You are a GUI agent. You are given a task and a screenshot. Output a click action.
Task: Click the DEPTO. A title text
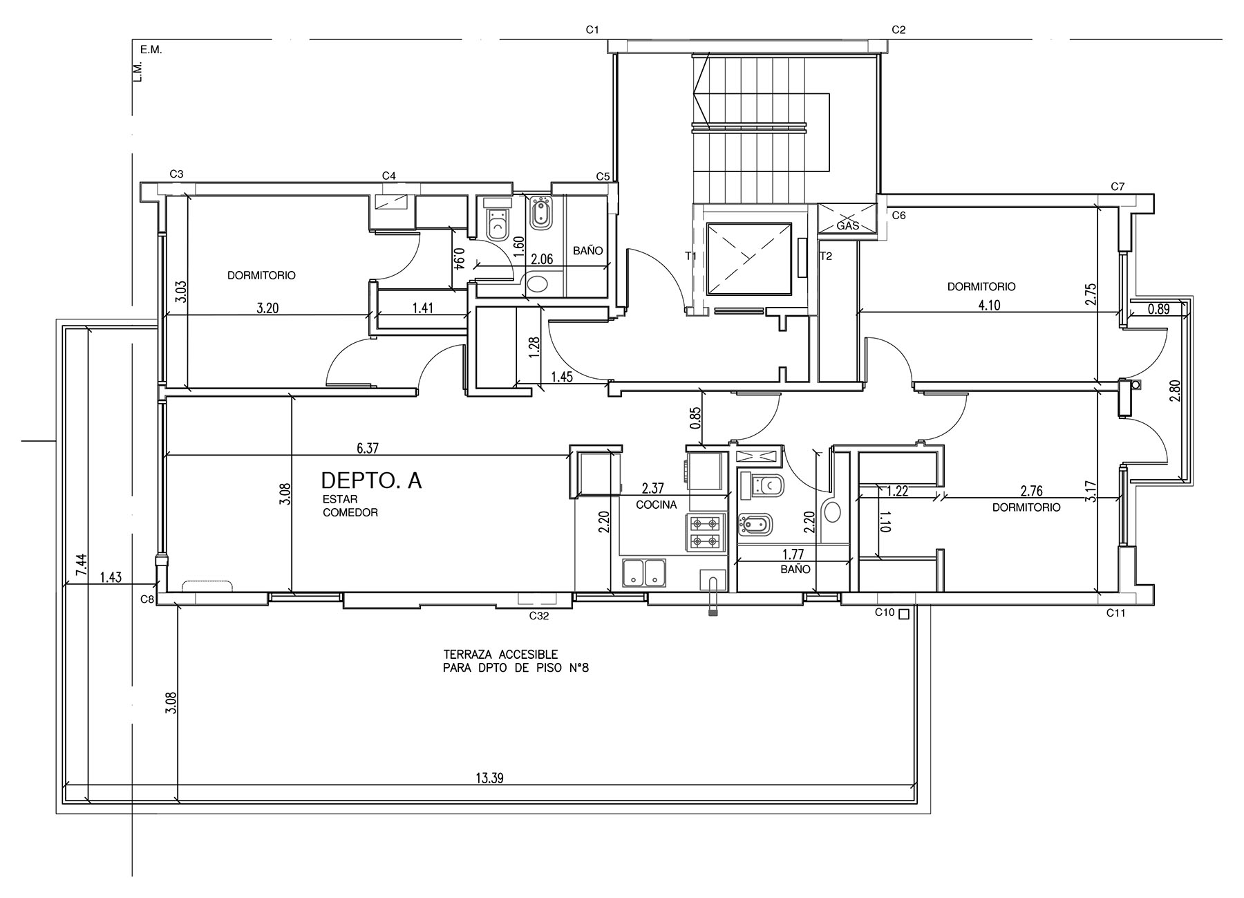pyautogui.click(x=372, y=480)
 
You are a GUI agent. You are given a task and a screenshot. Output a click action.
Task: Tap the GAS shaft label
pyautogui.click(x=847, y=226)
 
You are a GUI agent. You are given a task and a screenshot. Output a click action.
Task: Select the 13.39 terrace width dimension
pyautogui.click(x=489, y=778)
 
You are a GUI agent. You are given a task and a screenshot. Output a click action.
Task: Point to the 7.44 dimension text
pyautogui.click(x=82, y=566)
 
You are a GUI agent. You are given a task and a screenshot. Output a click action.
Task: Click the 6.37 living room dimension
pyautogui.click(x=368, y=448)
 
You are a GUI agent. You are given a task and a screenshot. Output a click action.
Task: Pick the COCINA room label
pyautogui.click(x=656, y=505)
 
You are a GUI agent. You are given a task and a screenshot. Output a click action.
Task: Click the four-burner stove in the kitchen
pyautogui.click(x=706, y=532)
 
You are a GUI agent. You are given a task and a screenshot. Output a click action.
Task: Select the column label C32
pyautogui.click(x=539, y=616)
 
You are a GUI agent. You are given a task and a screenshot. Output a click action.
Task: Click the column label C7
pyautogui.click(x=1118, y=187)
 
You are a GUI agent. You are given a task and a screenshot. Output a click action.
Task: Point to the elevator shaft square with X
pyautogui.click(x=748, y=259)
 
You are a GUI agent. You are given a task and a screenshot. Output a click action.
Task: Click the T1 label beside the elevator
pyautogui.click(x=690, y=256)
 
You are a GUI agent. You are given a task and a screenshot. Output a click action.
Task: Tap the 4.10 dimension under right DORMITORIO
pyautogui.click(x=990, y=305)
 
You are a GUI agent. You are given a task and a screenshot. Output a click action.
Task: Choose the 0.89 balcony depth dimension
pyautogui.click(x=1158, y=309)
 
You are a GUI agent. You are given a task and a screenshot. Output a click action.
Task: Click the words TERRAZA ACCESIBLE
pyautogui.click(x=500, y=654)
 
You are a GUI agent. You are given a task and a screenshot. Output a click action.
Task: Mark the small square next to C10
pyautogui.click(x=903, y=612)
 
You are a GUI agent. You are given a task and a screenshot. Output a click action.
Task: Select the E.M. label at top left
pyautogui.click(x=151, y=50)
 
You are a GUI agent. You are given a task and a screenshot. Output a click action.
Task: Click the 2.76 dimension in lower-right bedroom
pyautogui.click(x=1031, y=491)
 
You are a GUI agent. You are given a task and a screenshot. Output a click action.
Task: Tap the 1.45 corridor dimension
pyautogui.click(x=562, y=377)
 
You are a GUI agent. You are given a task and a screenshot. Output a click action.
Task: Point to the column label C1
pyautogui.click(x=592, y=30)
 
